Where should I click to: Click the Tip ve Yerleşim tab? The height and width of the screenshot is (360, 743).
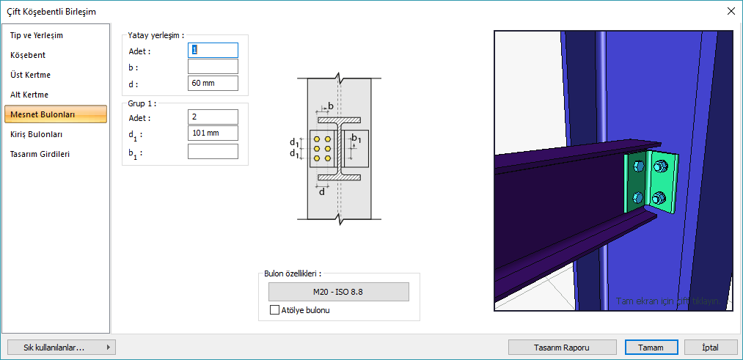[36, 35]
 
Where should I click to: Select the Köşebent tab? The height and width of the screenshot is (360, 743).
[28, 55]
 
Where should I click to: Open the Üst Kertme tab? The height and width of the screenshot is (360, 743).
[30, 75]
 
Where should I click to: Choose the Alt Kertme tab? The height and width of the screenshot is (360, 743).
[29, 95]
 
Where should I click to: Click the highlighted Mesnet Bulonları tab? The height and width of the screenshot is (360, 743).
[42, 114]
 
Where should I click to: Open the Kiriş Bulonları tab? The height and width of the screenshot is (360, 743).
[36, 134]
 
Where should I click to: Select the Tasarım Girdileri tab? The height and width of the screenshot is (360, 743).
[40, 154]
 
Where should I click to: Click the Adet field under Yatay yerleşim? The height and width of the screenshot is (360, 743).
[213, 50]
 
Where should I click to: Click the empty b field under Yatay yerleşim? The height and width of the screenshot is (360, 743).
[213, 67]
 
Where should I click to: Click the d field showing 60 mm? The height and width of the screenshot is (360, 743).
[213, 84]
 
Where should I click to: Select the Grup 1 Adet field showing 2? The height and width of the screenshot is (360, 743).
[213, 117]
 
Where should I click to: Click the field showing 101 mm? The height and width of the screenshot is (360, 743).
[213, 133]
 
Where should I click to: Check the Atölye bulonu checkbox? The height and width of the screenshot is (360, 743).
[275, 310]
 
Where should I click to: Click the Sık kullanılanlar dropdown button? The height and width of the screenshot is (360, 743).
[60, 348]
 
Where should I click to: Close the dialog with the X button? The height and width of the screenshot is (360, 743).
[731, 11]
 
